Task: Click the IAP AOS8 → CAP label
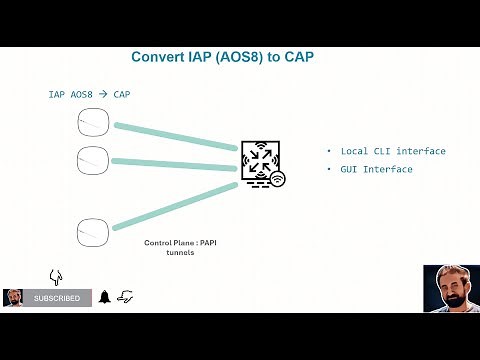click(x=89, y=95)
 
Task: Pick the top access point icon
click(x=93, y=123)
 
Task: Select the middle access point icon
click(x=93, y=158)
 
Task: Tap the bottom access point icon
click(x=93, y=233)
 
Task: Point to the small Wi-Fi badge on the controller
click(x=277, y=179)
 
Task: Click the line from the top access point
click(x=175, y=137)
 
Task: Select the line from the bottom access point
click(x=175, y=208)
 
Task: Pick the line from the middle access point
click(x=175, y=161)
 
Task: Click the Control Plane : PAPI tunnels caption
click(x=180, y=248)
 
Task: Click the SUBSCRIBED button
click(x=57, y=298)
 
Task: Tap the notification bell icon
click(x=104, y=297)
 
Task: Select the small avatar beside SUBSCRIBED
click(x=14, y=298)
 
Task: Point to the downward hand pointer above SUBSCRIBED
click(x=56, y=276)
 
